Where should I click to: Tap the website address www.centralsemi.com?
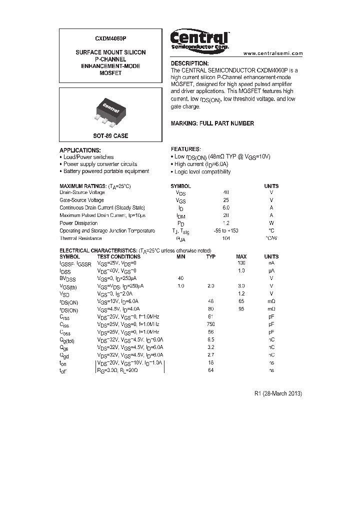pyautogui.click(x=273, y=53)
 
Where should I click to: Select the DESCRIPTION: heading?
pyautogui.click(x=189, y=63)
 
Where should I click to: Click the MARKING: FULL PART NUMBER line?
pyautogui.click(x=212, y=123)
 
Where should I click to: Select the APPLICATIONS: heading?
pyautogui.click(x=80, y=150)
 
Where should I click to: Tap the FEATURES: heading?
pyautogui.click(x=185, y=149)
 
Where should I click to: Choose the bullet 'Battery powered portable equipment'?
pyautogui.click(x=106, y=171)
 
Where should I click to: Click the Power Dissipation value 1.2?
pyautogui.click(x=226, y=223)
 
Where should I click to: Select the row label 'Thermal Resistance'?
pyautogui.click(x=80, y=238)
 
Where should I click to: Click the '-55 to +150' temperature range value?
pyautogui.click(x=226, y=231)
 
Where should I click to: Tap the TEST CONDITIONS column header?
pyautogui.click(x=118, y=256)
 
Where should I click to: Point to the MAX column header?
pyautogui.click(x=241, y=256)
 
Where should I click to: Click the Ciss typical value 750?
pyautogui.click(x=211, y=324)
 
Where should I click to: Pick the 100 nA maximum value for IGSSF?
pyautogui.click(x=241, y=262)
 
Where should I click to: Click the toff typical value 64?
pyautogui.click(x=211, y=370)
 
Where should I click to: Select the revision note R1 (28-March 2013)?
pyautogui.click(x=278, y=393)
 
